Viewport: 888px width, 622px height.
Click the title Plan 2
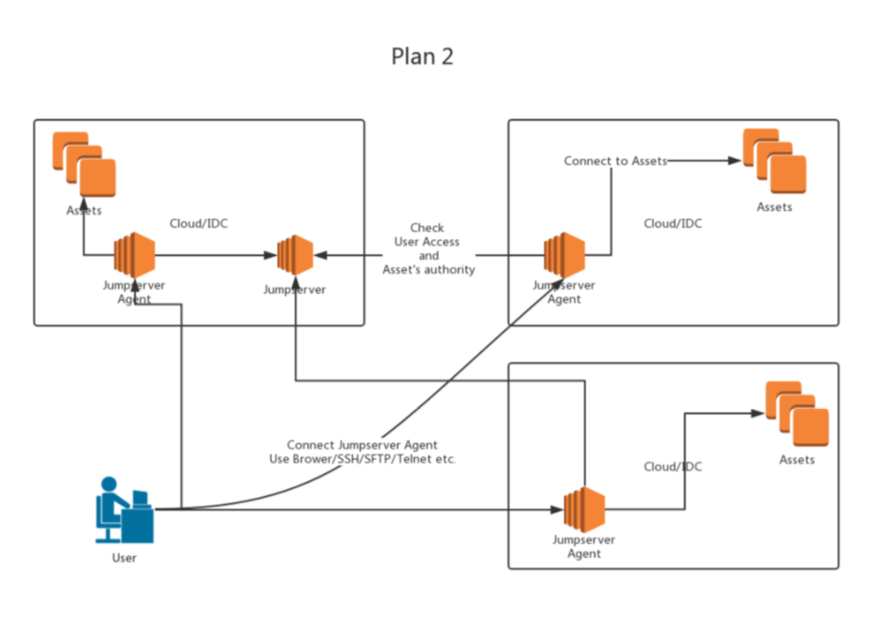pyautogui.click(x=422, y=56)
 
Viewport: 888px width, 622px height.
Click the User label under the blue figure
pyautogui.click(x=124, y=558)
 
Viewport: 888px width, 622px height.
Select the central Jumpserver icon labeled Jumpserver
pyautogui.click(x=295, y=254)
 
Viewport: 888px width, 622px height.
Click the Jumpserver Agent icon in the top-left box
pyautogui.click(x=134, y=254)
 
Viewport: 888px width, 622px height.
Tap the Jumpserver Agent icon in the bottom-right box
pyautogui.click(x=584, y=509)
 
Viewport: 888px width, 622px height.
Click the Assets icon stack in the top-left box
pyautogui.click(x=84, y=164)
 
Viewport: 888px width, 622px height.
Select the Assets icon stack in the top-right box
pyautogui.click(x=774, y=160)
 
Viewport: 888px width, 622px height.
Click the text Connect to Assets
pyautogui.click(x=615, y=161)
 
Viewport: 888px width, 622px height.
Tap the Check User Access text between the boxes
pyautogui.click(x=428, y=242)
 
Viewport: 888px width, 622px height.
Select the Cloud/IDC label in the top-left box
pyautogui.click(x=198, y=223)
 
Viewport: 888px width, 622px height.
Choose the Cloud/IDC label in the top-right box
pyautogui.click(x=672, y=223)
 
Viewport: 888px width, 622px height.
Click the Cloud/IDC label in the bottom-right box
pyautogui.click(x=672, y=467)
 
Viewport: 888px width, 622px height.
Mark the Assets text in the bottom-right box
pyautogui.click(x=797, y=460)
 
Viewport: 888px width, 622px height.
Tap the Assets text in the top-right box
pyautogui.click(x=774, y=207)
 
